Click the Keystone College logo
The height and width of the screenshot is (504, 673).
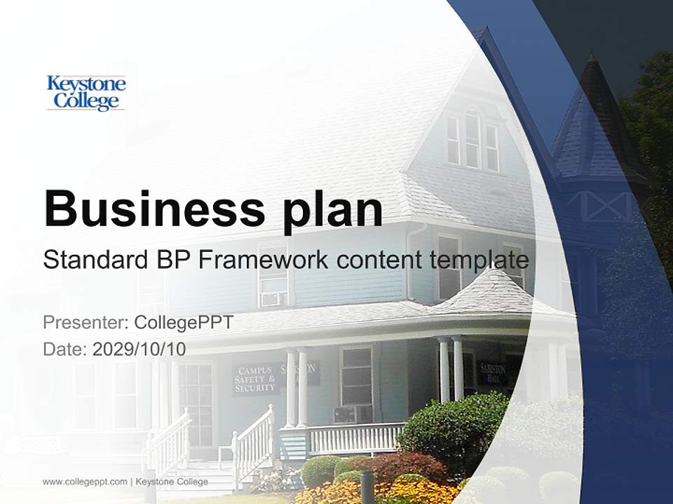pos(86,93)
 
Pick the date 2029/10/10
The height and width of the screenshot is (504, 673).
pos(140,349)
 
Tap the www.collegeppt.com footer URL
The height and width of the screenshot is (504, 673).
pos(85,482)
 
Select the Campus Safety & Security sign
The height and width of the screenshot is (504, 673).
pos(255,379)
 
